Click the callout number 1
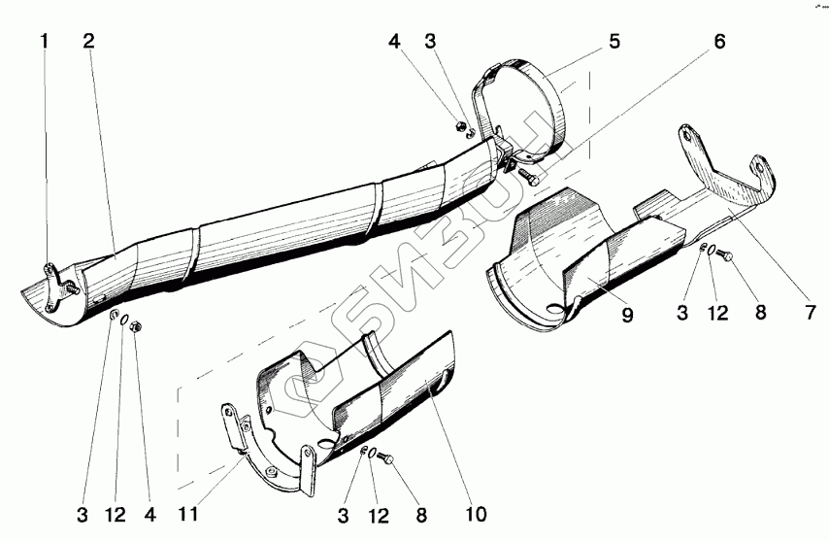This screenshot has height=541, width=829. [x=44, y=41]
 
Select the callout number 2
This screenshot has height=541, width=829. [x=88, y=41]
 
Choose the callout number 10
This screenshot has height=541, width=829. [x=476, y=511]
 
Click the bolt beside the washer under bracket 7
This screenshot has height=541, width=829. [x=730, y=257]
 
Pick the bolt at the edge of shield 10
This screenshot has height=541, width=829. [x=384, y=456]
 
